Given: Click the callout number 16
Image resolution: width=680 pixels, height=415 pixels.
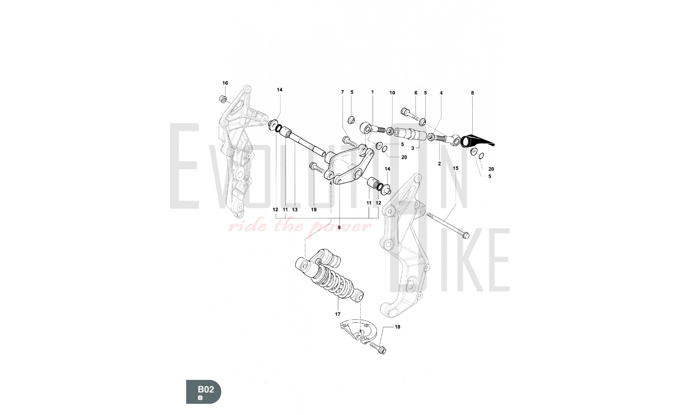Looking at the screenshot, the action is [225, 83].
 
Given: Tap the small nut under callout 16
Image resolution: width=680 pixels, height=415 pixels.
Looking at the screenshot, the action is [223, 99].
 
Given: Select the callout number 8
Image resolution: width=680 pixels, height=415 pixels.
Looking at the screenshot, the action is [472, 93].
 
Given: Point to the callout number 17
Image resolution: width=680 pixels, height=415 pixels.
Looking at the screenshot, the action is [338, 314].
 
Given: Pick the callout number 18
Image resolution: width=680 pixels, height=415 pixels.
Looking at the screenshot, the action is [397, 327].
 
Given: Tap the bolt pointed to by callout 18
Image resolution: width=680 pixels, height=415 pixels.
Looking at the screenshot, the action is [377, 349].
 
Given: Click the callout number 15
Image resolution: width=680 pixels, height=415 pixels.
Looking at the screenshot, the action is [456, 168].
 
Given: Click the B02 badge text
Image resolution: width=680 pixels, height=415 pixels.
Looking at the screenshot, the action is [206, 389].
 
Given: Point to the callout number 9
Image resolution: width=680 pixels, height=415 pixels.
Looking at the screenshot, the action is [339, 227].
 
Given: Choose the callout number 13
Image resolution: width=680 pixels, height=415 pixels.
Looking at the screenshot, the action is [295, 210].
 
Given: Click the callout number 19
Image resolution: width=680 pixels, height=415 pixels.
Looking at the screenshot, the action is [314, 210].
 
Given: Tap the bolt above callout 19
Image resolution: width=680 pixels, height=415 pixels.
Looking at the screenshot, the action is [317, 168].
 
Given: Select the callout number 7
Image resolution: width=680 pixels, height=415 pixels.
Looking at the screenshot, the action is [342, 92].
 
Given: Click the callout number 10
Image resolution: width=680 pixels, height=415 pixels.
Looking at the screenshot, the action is [392, 93].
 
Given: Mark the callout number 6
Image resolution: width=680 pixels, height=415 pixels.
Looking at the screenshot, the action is [415, 93].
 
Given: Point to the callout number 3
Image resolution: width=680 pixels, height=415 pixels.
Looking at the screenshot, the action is [412, 148].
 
